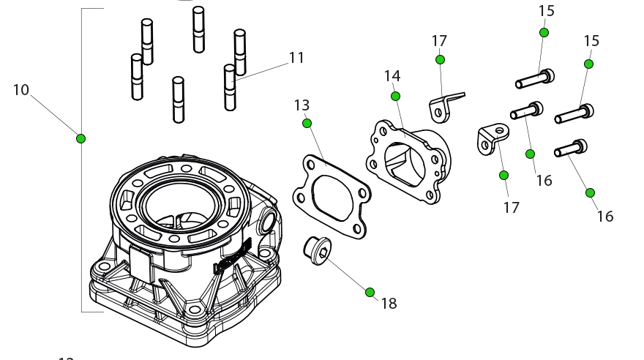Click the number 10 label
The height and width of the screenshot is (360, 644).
tap(20, 90)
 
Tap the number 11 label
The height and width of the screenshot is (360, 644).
tap(296, 58)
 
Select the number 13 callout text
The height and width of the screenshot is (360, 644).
tap(302, 106)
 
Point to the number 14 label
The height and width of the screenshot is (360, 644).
tap(392, 76)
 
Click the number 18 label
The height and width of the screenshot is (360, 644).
tap(389, 304)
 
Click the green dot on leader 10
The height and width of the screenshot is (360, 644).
tap(81, 138)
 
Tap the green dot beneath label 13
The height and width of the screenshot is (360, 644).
tap(307, 123)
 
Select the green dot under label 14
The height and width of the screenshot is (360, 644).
tap(396, 96)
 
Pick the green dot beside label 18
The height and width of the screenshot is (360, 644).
tap(370, 292)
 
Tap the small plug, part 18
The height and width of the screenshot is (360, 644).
tap(317, 250)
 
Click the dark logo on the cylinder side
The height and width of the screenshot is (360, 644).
tap(232, 257)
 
